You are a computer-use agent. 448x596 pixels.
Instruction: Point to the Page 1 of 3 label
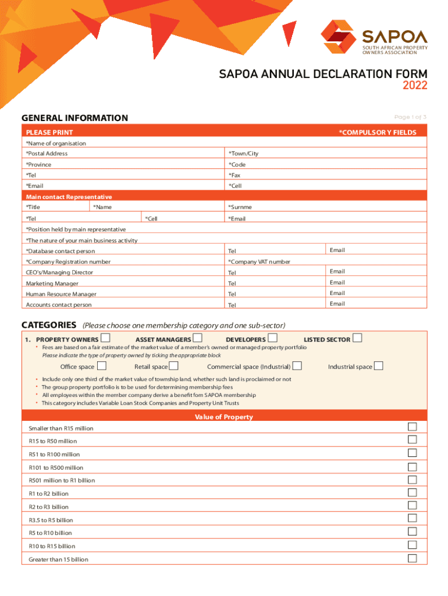(x=410, y=118)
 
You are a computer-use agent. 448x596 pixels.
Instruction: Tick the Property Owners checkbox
(x=105, y=338)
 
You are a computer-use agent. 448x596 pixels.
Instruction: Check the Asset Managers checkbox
(x=198, y=338)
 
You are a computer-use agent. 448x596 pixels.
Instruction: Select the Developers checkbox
(x=272, y=338)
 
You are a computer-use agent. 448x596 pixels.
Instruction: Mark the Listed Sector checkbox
(x=357, y=338)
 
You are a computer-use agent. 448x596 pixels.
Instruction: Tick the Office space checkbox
(x=102, y=366)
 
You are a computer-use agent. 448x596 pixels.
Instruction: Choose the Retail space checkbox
(x=173, y=366)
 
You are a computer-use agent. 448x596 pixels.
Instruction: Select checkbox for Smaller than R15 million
(x=412, y=427)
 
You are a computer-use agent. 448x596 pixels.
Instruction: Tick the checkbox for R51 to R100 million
(x=412, y=453)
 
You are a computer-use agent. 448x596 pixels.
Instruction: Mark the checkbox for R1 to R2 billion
(x=412, y=492)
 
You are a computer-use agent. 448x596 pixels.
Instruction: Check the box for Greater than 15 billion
(x=412, y=558)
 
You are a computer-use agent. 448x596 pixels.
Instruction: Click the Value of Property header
(x=224, y=417)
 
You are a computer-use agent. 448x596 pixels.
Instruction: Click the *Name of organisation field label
(x=56, y=143)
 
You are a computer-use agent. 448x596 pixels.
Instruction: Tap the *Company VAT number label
(x=259, y=262)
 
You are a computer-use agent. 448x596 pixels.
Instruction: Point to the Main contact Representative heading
(x=69, y=197)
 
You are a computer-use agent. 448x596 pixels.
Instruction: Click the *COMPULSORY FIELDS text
(x=378, y=133)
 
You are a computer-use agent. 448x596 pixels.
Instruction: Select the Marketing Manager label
(x=52, y=283)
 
